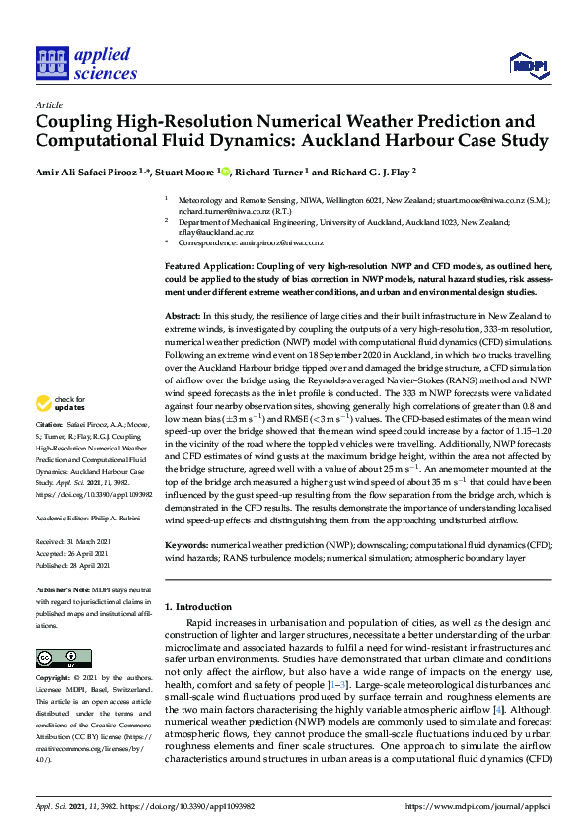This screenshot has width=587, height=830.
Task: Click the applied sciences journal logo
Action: click(87, 63)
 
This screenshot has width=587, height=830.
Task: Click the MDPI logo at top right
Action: click(528, 66)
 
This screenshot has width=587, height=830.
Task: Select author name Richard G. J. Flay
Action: click(365, 170)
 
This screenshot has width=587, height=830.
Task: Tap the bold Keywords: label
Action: click(190, 544)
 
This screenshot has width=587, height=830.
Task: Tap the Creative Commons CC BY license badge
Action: click(56, 658)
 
